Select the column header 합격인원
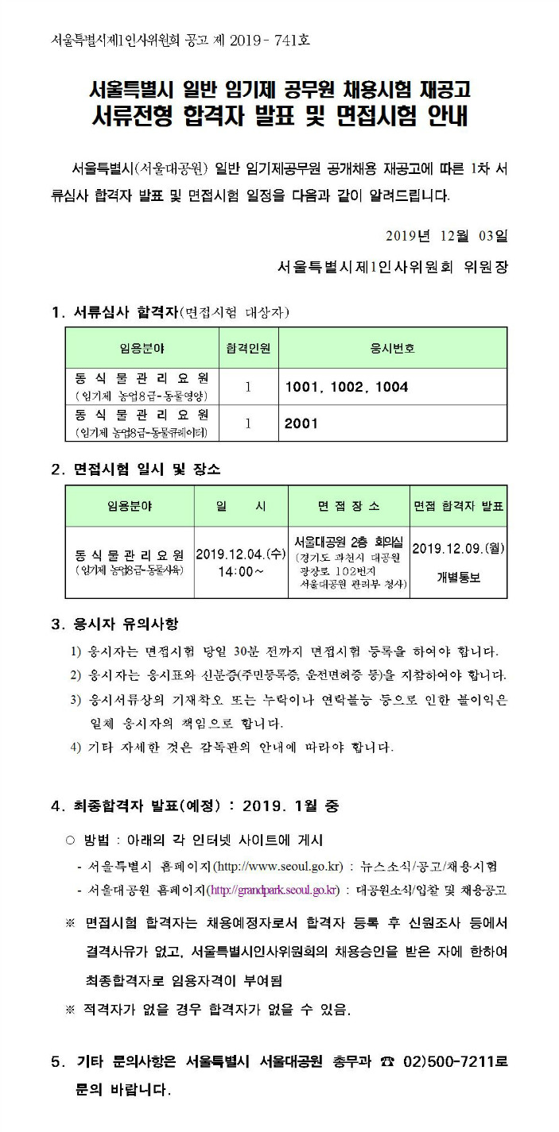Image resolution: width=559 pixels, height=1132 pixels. [x=247, y=348]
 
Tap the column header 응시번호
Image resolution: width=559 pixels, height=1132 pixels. [x=393, y=348]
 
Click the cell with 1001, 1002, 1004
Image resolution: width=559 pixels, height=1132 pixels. [x=347, y=387]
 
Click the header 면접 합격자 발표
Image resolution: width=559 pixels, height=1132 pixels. [x=459, y=506]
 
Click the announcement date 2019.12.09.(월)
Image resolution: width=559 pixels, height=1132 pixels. [x=459, y=548]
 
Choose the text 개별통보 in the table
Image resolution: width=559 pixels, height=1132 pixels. [x=459, y=578]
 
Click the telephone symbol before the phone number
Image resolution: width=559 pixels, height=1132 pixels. [x=389, y=1061]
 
